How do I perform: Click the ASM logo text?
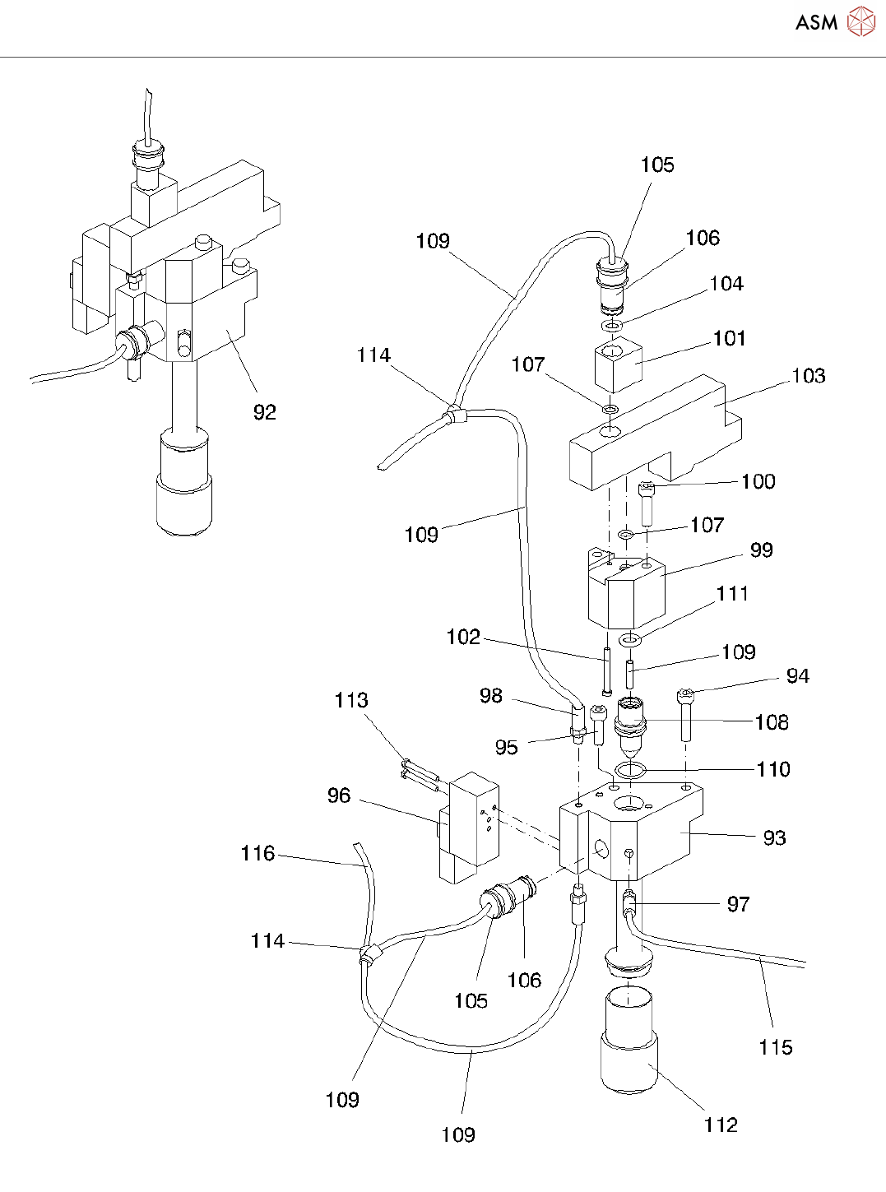(x=816, y=22)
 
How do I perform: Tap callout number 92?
(x=265, y=412)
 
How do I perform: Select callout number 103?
(x=809, y=376)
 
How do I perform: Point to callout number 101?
(x=729, y=339)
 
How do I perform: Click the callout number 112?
(x=721, y=1125)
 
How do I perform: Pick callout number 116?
(x=257, y=853)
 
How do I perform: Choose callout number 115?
(x=775, y=1047)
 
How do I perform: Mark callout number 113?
(x=351, y=700)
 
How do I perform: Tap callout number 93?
(x=774, y=837)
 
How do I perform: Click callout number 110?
(x=773, y=770)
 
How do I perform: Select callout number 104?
(x=726, y=284)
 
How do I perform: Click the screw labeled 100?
(x=647, y=504)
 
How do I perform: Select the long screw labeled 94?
(x=686, y=714)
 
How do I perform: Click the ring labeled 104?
(x=611, y=326)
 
